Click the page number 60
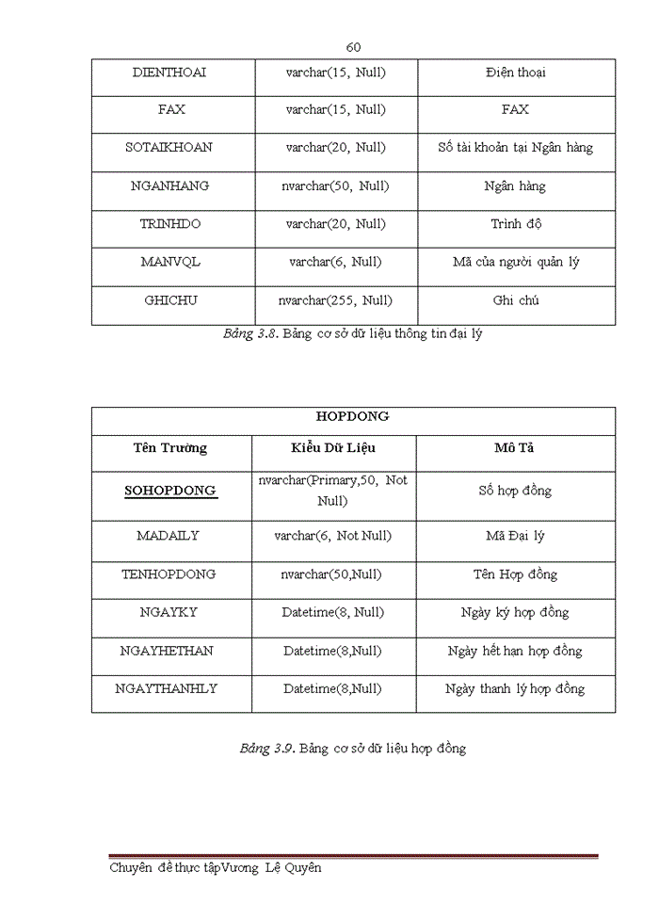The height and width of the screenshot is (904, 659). (354, 47)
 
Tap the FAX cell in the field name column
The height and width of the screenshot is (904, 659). (171, 110)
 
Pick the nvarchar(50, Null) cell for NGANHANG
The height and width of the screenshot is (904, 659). (336, 186)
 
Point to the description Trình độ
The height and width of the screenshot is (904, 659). (516, 224)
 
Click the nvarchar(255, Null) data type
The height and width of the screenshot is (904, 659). (336, 301)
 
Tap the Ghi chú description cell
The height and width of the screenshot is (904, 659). (516, 301)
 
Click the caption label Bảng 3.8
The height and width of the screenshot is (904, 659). (249, 334)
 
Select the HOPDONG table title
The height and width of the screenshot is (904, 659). (353, 416)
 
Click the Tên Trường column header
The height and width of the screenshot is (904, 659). (170, 448)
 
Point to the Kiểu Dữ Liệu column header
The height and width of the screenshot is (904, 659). (333, 448)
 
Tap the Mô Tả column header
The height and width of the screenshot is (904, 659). (515, 448)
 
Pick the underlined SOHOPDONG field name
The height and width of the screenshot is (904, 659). (170, 491)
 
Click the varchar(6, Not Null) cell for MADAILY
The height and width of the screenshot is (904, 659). (333, 536)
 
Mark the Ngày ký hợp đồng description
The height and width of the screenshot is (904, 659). (515, 613)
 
